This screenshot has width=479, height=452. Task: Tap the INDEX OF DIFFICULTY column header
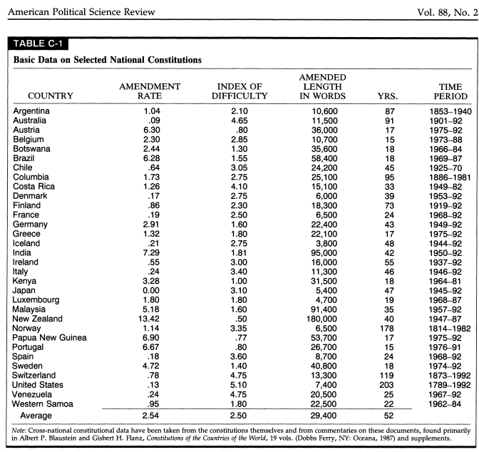[x=241, y=91]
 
